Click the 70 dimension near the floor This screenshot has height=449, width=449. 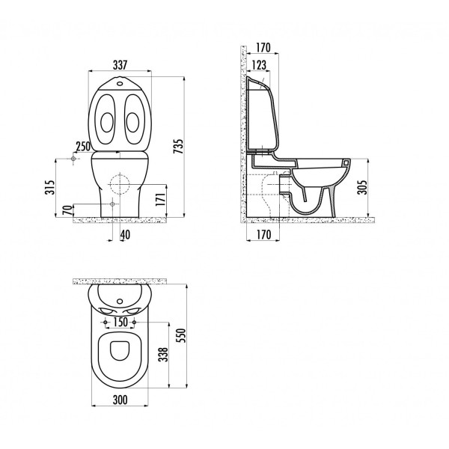(x=67, y=211)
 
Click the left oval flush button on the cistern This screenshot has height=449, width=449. (x=107, y=120)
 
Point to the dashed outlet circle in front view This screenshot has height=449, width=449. (x=118, y=182)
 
